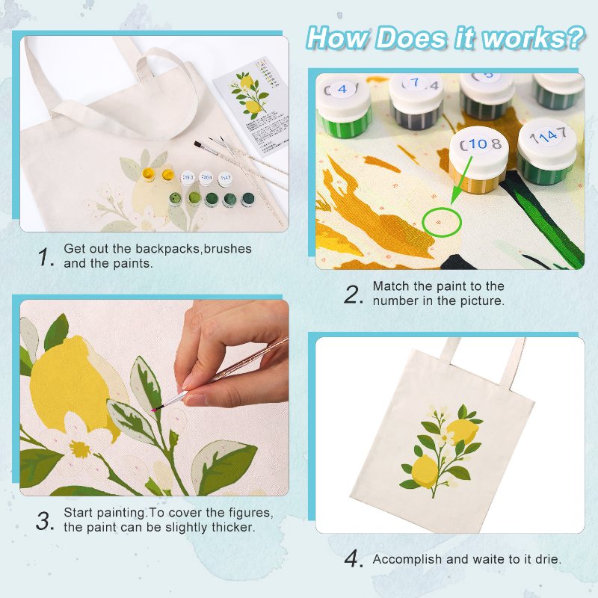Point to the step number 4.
point(353,559)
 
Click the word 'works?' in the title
point(535,37)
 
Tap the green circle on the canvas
point(438,222)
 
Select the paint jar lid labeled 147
point(547,137)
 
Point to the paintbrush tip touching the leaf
point(158,409)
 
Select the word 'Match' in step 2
point(389,286)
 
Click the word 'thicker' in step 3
point(234,527)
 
